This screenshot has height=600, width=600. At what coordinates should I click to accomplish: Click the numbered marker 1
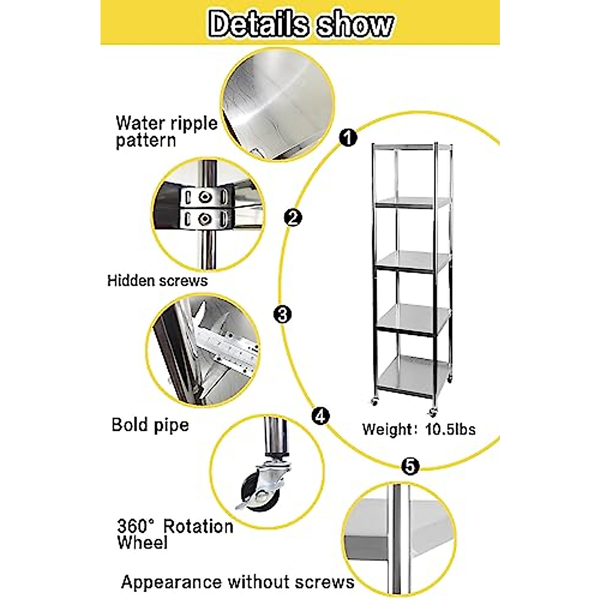(348, 137)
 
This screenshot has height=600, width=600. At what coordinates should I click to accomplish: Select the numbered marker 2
(292, 217)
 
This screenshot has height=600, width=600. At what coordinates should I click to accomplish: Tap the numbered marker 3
(282, 314)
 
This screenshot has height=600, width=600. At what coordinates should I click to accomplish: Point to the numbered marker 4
(320, 416)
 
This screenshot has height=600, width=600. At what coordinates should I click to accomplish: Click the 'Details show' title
(300, 24)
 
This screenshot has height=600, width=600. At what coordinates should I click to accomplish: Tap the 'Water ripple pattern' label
(166, 131)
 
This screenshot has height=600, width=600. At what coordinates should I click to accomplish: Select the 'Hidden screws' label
(157, 280)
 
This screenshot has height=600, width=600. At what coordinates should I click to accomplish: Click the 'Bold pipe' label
(150, 424)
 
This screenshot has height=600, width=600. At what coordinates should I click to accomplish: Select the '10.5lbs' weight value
(450, 429)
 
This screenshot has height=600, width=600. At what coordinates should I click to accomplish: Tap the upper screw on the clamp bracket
(204, 196)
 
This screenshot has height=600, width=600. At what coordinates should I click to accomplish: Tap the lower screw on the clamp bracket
(204, 219)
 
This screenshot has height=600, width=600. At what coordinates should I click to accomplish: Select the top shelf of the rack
(411, 146)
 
